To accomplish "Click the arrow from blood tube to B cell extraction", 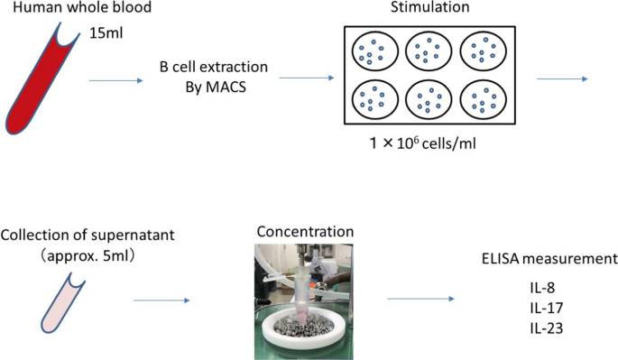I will (x=116, y=80).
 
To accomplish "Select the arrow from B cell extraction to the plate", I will (x=304, y=78).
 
